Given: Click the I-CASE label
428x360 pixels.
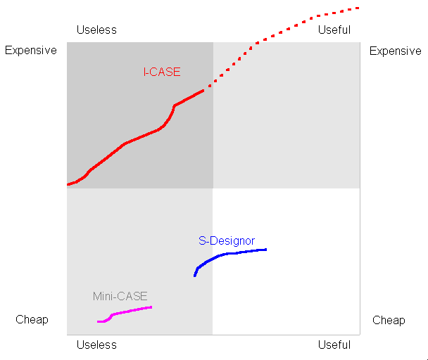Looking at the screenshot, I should pos(161,72).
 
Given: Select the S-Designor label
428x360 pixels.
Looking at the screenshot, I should pos(226,241).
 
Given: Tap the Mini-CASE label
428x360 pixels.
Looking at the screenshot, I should pos(120,296).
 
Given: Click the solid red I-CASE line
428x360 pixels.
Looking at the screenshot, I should pos(125,143).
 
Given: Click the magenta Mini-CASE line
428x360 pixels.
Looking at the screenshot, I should pos(130,311).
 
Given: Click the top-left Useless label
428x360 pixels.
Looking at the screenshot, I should pos(96,30).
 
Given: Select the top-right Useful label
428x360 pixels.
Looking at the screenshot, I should pos(334,30).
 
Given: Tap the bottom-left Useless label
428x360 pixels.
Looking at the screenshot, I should pos(96,345).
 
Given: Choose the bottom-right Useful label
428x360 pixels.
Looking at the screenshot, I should pos(334,345).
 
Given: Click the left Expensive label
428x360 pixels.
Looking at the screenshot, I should pos(31,51).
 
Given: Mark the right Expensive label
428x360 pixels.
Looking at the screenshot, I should pos(395,51).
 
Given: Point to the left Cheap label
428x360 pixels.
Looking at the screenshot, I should pos(32,320).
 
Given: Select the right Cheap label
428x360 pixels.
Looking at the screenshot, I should pos(389,320).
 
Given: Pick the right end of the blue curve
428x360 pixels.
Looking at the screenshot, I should pos(265,249).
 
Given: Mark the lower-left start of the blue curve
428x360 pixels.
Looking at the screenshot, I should pos(195,275).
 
